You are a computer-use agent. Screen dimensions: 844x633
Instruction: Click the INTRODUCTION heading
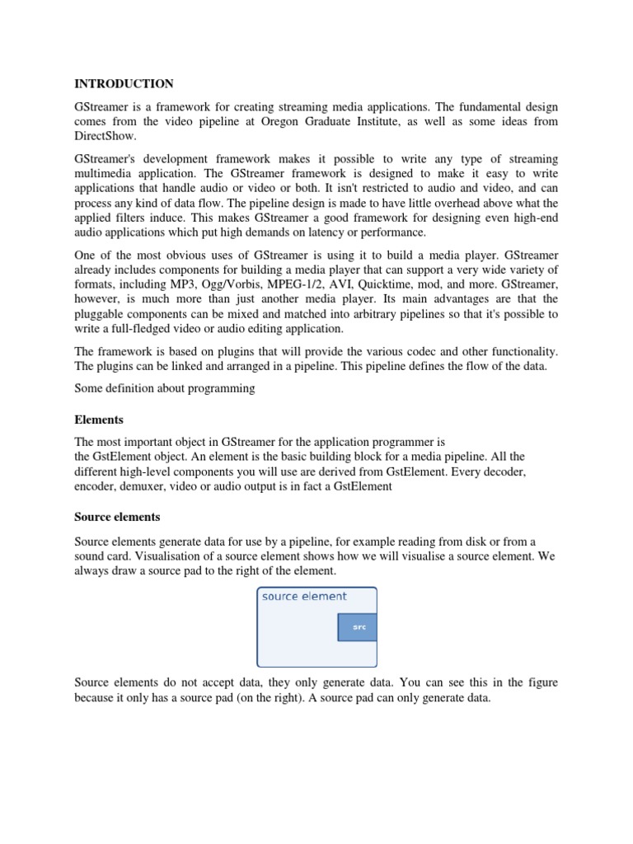(124, 83)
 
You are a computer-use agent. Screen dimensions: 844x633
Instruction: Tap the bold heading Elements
(99, 420)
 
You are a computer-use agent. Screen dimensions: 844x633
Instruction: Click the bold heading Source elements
(117, 517)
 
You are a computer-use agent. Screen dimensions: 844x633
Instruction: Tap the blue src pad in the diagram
(358, 627)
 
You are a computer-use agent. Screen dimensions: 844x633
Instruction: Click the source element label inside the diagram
(304, 597)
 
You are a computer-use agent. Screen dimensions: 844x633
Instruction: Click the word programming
(225, 388)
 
